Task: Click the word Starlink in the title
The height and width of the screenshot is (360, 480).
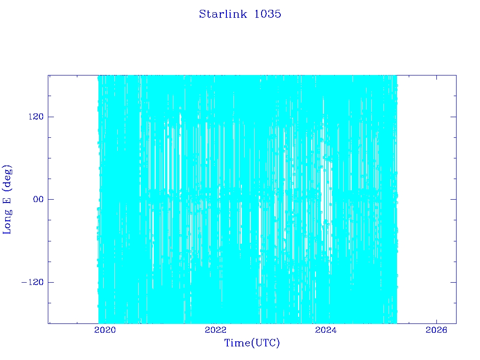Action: click(x=223, y=14)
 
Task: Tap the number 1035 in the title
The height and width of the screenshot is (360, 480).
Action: click(x=268, y=14)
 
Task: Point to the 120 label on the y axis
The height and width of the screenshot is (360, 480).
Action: click(x=36, y=117)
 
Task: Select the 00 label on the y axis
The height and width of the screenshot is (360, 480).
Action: click(x=38, y=199)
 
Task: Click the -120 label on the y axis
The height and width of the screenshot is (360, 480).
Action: click(x=32, y=282)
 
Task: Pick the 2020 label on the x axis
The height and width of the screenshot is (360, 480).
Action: click(x=105, y=330)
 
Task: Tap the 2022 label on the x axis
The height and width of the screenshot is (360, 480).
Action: click(x=216, y=330)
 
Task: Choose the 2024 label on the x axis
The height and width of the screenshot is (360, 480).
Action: click(x=326, y=330)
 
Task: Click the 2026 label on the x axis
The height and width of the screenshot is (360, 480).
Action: click(x=436, y=330)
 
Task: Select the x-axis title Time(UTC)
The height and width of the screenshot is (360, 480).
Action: click(x=252, y=343)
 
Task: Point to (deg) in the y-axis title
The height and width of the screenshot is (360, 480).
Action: click(x=7, y=178)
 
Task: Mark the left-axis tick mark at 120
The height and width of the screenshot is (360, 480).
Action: click(x=51, y=117)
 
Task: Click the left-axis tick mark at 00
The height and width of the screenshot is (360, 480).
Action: click(x=51, y=199)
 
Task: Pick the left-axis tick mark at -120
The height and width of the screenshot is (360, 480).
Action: click(x=51, y=282)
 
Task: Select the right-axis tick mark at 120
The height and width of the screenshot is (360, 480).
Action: click(x=453, y=117)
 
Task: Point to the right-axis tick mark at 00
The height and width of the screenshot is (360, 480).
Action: click(x=453, y=199)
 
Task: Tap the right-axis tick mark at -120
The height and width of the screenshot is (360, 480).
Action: click(x=453, y=282)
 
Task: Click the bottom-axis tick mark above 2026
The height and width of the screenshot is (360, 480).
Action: click(x=436, y=321)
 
